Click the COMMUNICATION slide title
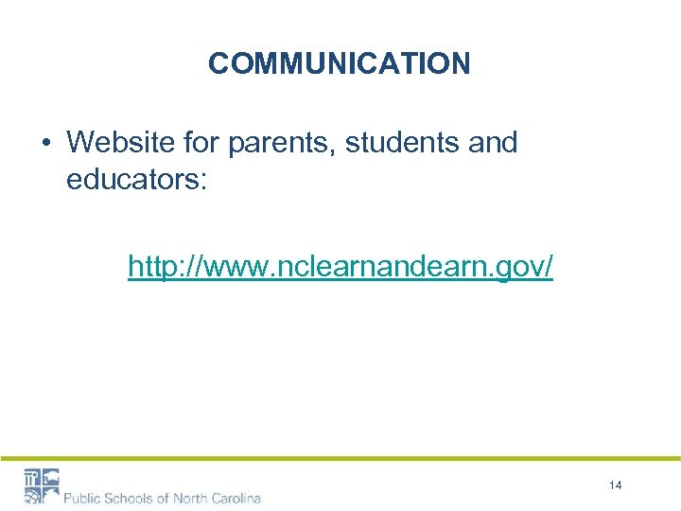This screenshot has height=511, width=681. point(339,63)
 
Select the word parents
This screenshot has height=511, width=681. point(280,143)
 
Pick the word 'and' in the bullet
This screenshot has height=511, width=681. point(494,143)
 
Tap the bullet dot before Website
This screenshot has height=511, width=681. point(45,144)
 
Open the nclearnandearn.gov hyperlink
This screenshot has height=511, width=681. point(340,268)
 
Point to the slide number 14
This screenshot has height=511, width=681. point(616,485)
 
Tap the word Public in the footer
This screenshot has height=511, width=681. point(83,497)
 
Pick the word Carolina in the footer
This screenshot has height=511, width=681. point(238,497)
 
